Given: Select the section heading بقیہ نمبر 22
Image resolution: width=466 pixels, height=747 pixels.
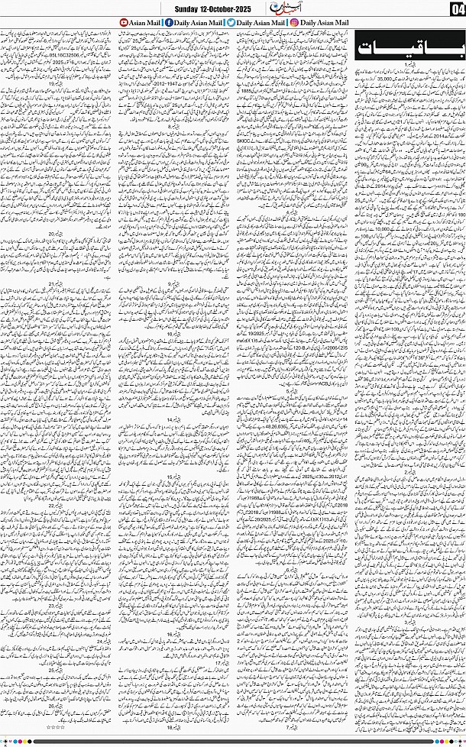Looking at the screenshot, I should (x=57, y=505).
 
